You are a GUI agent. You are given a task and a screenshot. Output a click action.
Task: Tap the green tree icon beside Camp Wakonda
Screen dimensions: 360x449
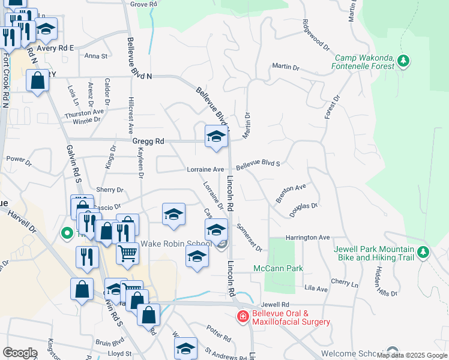[x=404, y=61]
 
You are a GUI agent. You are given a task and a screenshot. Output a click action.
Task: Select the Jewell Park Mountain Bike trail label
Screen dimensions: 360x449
[x=375, y=253]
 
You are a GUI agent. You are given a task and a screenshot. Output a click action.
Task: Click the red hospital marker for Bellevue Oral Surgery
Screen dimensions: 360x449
[x=243, y=316]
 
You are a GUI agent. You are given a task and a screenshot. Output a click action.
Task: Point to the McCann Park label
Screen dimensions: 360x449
[x=278, y=268]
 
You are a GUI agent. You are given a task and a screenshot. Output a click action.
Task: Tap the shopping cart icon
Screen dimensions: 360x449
[x=127, y=254]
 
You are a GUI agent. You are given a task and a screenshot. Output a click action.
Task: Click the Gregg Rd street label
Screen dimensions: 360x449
[x=148, y=142]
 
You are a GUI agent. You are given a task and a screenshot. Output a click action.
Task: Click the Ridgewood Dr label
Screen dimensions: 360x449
[x=316, y=37]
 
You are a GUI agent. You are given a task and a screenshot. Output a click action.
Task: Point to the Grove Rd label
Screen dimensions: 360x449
[x=143, y=4]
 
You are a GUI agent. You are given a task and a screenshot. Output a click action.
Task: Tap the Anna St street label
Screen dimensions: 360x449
[x=95, y=56]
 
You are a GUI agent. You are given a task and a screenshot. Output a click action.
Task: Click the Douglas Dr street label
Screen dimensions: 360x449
[x=303, y=206]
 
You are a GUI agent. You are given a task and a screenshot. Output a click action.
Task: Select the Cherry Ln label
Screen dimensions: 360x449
[x=345, y=282]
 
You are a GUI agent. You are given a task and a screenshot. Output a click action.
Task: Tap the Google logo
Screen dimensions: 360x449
[x=20, y=353]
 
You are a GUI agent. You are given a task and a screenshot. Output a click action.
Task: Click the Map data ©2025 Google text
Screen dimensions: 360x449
[x=412, y=355]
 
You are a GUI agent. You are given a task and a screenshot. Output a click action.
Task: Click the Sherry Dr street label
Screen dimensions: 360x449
[x=110, y=190]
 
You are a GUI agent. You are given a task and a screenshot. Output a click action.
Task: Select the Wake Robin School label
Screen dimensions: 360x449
[x=175, y=244]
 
